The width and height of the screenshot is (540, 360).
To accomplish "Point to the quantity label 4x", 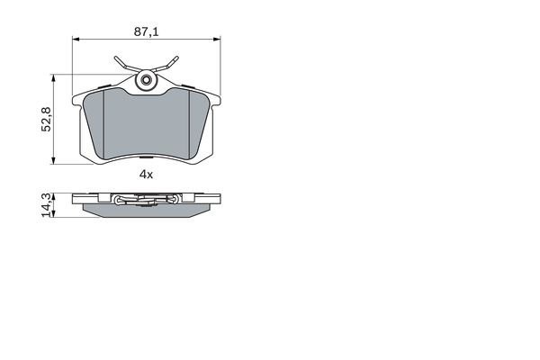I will pos(147,175).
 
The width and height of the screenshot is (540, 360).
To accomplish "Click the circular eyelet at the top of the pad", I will pos(146,82).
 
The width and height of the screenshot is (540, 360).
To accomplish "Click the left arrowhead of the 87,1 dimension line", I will pos(76,40).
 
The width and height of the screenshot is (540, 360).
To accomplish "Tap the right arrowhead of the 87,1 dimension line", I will pos(218,40).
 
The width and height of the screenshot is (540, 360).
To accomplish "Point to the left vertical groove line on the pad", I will pos(104,121).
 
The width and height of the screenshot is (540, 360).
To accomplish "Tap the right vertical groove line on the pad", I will pos(188,121).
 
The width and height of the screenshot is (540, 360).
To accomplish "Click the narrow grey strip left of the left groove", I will pos(94,121).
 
